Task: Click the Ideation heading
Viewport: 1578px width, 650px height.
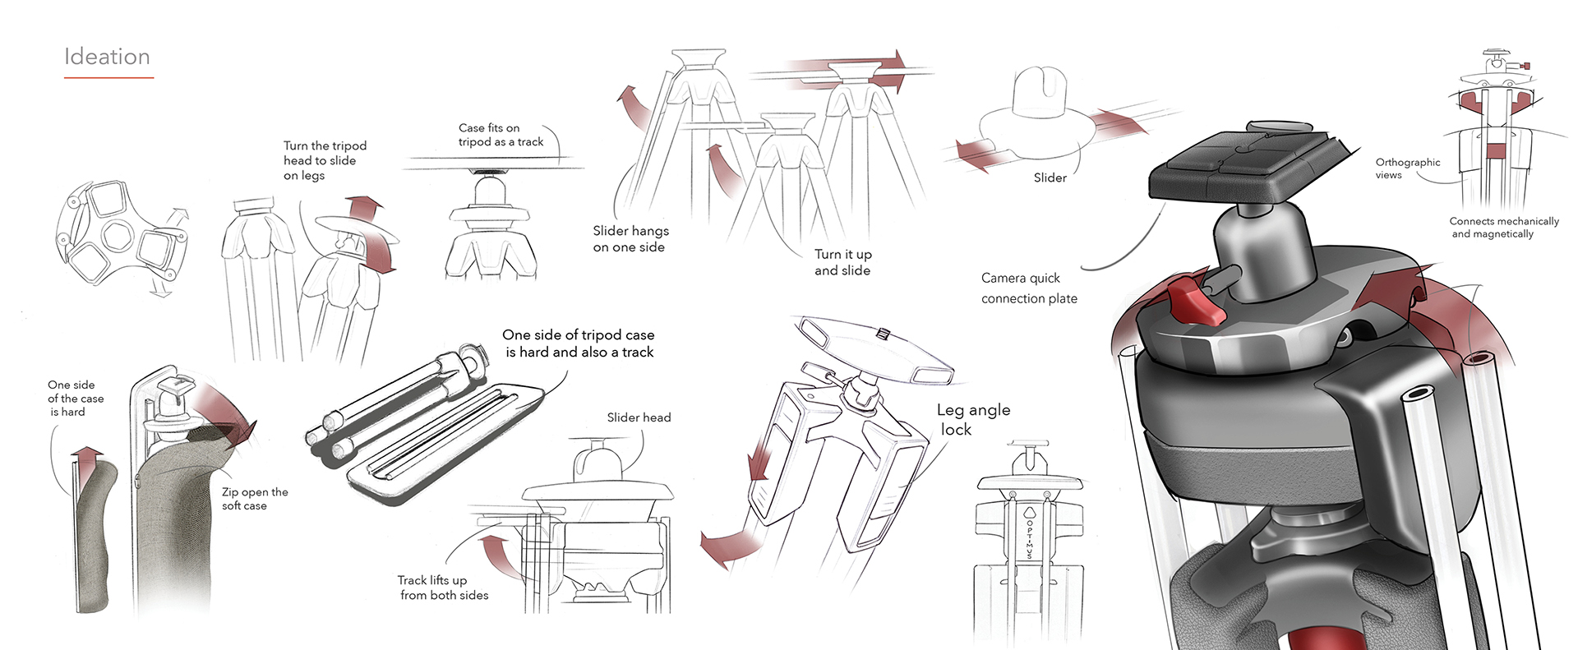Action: [107, 57]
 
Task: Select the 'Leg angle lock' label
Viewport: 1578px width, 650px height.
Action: [972, 419]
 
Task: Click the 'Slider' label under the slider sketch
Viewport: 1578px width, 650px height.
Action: [1050, 177]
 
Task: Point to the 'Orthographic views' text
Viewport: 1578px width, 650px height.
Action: [1407, 168]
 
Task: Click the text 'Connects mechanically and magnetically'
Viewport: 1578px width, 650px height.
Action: [1503, 228]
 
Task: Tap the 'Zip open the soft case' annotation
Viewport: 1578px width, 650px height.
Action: [254, 499]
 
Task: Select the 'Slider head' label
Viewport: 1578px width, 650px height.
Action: [639, 417]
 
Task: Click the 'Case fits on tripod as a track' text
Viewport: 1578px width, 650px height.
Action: [500, 135]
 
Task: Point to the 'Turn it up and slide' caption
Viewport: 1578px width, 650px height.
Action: [842, 262]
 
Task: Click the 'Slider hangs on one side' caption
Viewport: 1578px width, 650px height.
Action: [630, 238]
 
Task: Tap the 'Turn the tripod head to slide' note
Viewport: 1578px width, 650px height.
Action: [324, 160]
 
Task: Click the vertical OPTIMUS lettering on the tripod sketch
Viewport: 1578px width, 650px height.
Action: [1029, 535]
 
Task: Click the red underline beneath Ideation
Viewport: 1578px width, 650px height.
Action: [108, 78]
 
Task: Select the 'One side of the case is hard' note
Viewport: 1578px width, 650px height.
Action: [75, 398]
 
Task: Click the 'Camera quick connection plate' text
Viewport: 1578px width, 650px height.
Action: [1028, 288]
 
